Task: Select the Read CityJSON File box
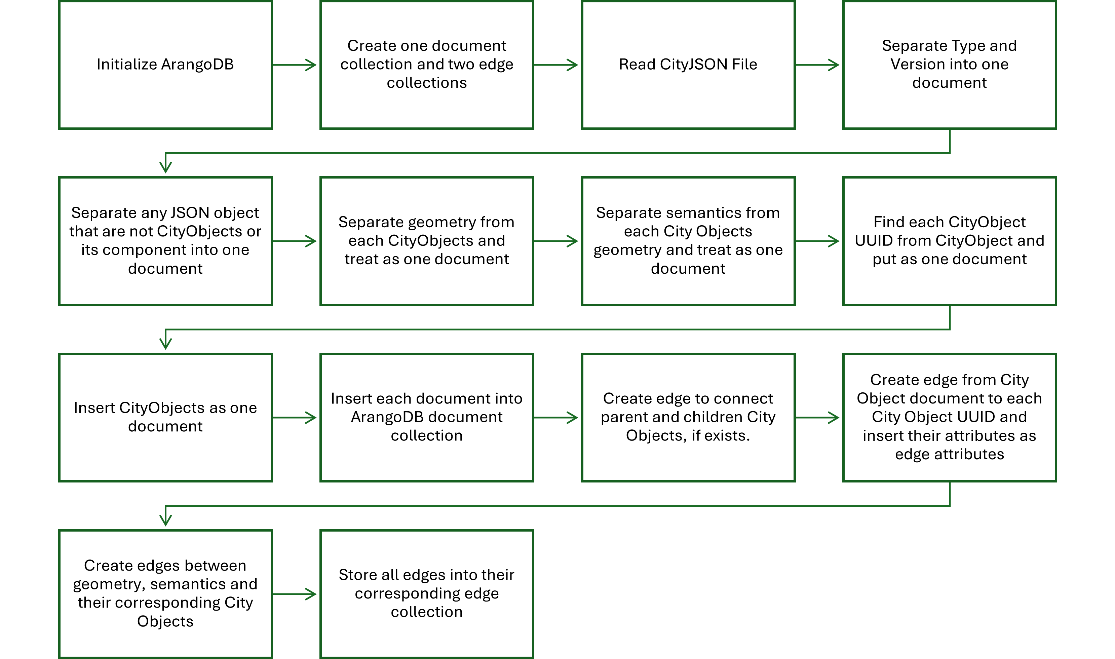(x=688, y=65)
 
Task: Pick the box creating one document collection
(x=427, y=65)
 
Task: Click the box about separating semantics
(x=688, y=241)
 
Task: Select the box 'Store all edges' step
(x=427, y=594)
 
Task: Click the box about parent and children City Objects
(x=688, y=418)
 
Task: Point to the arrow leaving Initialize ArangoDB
(x=295, y=65)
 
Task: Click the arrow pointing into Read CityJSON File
(x=556, y=65)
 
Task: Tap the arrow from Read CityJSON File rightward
(x=817, y=65)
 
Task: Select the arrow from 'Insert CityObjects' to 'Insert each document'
(x=295, y=418)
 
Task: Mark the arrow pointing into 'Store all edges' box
(x=295, y=594)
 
